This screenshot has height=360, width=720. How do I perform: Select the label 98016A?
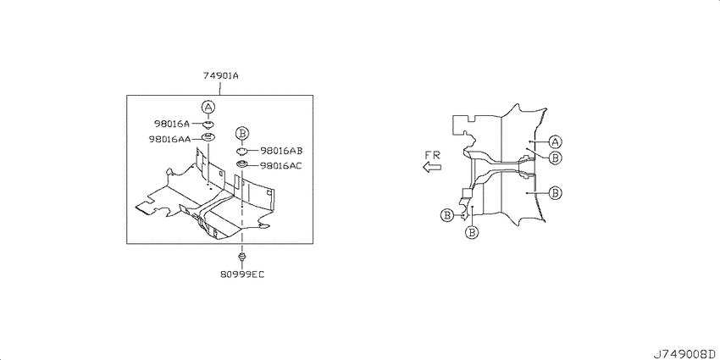click(x=171, y=124)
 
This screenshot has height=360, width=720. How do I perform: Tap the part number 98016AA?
click(x=169, y=138)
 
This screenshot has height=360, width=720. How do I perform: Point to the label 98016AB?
click(x=281, y=151)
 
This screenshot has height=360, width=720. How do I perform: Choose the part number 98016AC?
click(x=281, y=165)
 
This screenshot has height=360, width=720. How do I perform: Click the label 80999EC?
click(x=242, y=274)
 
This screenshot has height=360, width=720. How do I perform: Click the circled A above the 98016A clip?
click(x=208, y=108)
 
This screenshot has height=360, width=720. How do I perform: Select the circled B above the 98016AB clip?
click(x=242, y=134)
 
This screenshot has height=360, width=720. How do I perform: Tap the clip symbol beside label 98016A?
click(x=209, y=124)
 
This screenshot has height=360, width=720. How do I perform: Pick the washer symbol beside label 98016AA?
click(x=209, y=137)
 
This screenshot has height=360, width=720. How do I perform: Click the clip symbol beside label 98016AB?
click(x=242, y=151)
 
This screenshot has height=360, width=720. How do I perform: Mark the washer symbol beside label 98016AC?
click(x=242, y=164)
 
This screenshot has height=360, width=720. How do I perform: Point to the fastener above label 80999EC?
click(x=242, y=255)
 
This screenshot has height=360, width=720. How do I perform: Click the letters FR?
click(x=433, y=155)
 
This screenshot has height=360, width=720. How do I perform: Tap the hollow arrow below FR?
click(x=432, y=167)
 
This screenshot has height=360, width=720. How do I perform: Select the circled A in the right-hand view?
click(x=555, y=141)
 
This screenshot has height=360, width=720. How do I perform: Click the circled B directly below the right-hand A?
click(x=555, y=158)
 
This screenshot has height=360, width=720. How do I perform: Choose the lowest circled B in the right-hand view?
click(x=472, y=233)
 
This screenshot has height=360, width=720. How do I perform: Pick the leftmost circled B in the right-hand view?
click(x=446, y=214)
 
